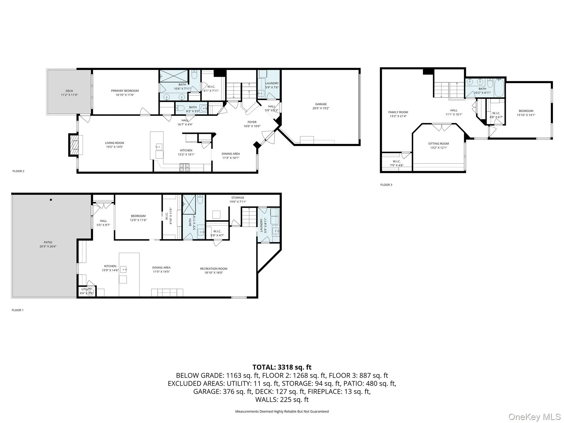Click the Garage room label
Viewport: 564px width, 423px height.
coord(321,104)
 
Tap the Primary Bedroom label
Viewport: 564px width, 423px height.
coord(125,91)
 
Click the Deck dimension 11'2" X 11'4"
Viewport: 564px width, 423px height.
coord(69,95)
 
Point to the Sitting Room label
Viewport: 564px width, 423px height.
coord(438,143)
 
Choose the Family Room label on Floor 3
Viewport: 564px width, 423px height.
coord(398,112)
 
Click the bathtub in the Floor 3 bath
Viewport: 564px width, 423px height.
coord(499,88)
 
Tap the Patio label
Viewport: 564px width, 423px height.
coord(48,242)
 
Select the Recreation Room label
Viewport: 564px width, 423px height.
coord(213,269)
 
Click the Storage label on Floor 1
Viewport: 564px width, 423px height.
coord(238,197)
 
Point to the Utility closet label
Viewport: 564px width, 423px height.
coord(86,289)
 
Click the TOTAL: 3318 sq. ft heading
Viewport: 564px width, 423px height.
coord(282,367)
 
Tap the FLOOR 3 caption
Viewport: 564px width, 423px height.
coord(386,185)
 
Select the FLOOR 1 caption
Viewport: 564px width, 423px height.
coord(18,310)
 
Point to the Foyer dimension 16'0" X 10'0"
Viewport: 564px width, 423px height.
coord(252,126)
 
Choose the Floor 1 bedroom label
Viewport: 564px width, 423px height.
coord(138,216)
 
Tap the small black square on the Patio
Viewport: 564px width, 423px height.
coord(51,200)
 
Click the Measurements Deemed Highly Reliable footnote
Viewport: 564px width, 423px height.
coord(282,411)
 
